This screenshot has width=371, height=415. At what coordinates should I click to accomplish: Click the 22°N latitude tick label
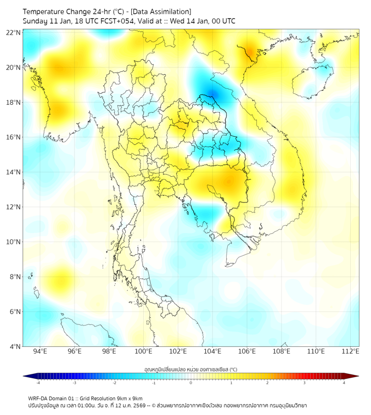pos(14,32)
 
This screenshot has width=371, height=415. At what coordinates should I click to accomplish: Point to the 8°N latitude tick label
pos(15,277)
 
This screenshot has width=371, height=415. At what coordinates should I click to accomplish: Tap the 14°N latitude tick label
pos(14,172)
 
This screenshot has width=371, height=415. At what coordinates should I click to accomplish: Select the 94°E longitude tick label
pos(40,351)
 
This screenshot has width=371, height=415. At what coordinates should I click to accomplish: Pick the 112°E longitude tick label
pos(350,351)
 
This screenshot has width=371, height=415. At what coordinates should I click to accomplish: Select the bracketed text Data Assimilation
pos(163,12)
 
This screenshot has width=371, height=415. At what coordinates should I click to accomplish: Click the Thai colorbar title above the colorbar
pos(190,369)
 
